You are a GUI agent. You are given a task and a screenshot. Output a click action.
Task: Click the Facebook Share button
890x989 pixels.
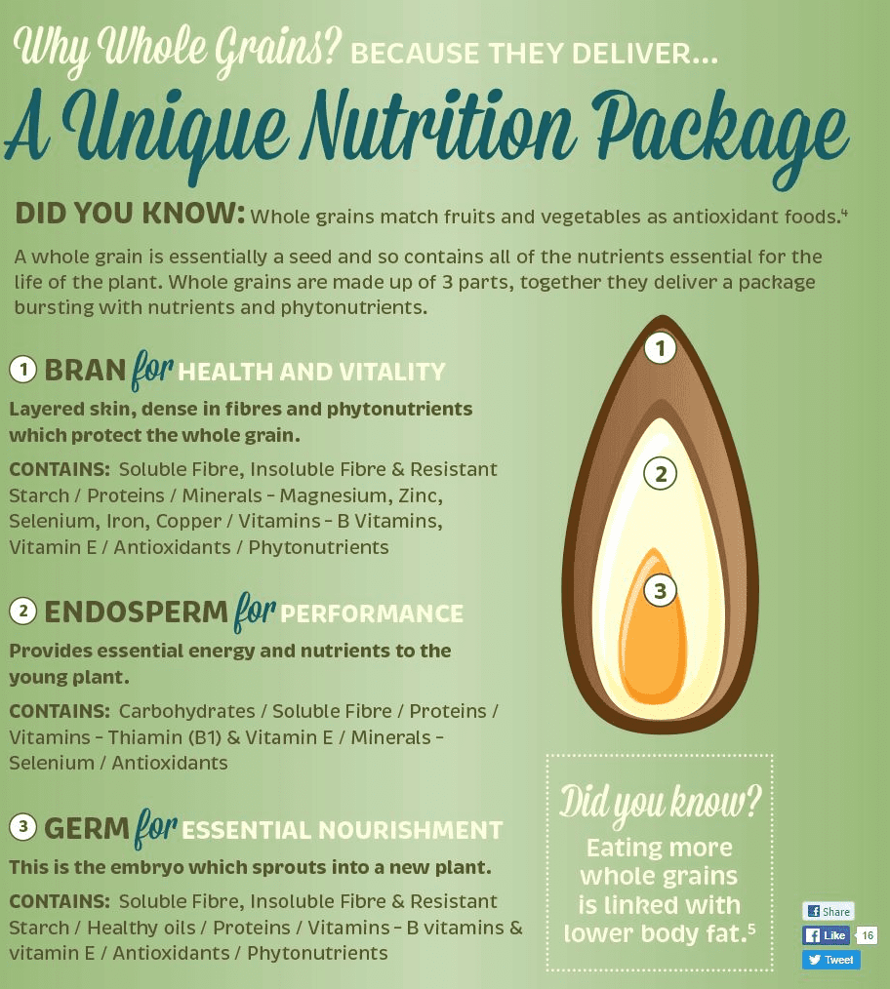[x=828, y=911]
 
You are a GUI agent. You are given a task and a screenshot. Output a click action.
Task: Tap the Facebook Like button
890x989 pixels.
[x=826, y=935]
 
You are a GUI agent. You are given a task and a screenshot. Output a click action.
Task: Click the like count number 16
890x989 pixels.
[x=867, y=935]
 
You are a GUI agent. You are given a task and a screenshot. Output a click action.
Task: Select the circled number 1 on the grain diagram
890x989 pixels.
[x=662, y=348]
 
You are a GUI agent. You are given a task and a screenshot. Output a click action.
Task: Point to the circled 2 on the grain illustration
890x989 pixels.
[x=661, y=475]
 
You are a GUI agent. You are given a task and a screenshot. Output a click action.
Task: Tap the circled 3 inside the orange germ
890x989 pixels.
[x=661, y=590]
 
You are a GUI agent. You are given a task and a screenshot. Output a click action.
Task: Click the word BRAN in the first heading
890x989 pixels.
[x=85, y=371]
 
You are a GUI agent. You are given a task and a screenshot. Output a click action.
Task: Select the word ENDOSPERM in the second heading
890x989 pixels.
[x=136, y=613]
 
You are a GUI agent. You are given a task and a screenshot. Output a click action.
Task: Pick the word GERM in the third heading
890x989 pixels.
[x=87, y=829]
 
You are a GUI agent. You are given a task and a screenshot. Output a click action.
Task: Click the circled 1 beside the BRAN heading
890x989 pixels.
[x=22, y=370]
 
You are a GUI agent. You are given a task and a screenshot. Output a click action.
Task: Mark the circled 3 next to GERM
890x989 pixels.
[x=22, y=828]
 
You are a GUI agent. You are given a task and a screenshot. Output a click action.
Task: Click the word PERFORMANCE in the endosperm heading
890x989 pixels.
[x=372, y=614]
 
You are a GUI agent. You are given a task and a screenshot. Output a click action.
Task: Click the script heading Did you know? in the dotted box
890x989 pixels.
[x=659, y=803]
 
